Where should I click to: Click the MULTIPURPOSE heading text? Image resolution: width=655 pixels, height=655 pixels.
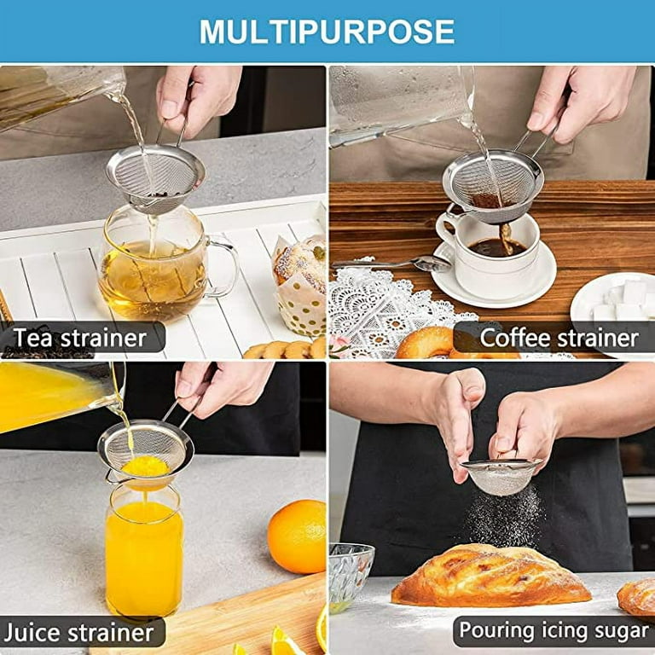(327, 32)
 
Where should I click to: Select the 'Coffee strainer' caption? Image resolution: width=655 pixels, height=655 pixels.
(559, 338)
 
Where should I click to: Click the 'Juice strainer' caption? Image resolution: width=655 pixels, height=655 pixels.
(78, 632)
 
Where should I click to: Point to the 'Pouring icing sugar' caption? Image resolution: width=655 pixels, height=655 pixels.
(554, 631)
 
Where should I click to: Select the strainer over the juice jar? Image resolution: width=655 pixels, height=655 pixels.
(144, 449)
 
